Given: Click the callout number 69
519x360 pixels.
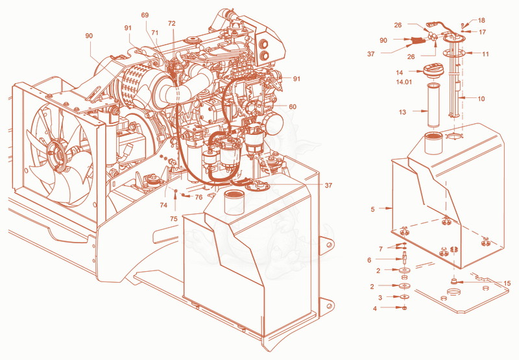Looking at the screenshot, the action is point(145,15).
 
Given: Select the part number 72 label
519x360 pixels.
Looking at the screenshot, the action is point(171,23).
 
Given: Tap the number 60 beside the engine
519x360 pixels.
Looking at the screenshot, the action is point(293,106).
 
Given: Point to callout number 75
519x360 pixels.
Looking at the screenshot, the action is point(174,219).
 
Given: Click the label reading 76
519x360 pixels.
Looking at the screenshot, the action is point(199,197).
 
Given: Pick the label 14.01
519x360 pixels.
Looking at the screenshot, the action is point(404,82).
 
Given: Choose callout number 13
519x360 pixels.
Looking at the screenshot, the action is point(402,112).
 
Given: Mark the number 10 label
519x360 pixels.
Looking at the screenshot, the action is point(481,99).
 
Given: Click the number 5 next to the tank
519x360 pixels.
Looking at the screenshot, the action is point(372,209).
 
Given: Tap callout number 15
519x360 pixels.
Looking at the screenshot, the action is point(507,283).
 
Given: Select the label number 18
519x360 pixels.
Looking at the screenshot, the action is point(481,21).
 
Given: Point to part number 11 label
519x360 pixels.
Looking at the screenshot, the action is point(485,54).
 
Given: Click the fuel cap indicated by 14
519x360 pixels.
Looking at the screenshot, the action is point(432,71).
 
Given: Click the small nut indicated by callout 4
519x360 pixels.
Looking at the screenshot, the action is point(404,308).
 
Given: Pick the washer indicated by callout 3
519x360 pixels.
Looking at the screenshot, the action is point(404,297).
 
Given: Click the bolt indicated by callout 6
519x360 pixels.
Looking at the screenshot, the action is point(404,257).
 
